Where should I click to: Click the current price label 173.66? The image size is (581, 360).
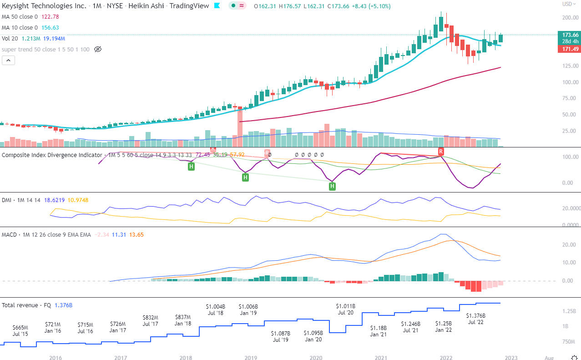pos(570,35)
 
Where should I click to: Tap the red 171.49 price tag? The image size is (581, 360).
pos(570,49)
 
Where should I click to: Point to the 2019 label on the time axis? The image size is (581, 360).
pos(250,358)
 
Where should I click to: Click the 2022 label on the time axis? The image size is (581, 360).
pos(445,358)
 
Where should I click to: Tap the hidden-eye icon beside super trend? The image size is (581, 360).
pos(97,49)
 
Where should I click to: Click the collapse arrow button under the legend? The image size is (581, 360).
pos(8,60)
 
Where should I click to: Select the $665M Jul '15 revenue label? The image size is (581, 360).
pos(20,330)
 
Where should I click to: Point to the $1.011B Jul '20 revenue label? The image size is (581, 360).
pos(346,309)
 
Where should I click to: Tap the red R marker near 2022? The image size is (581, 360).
pos(440,151)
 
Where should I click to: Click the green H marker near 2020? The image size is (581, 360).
pos(332,186)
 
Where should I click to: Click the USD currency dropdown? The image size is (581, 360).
pos(569,4)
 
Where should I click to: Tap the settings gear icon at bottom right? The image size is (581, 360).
pos(575,357)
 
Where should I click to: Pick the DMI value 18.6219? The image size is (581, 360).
pos(54,200)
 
